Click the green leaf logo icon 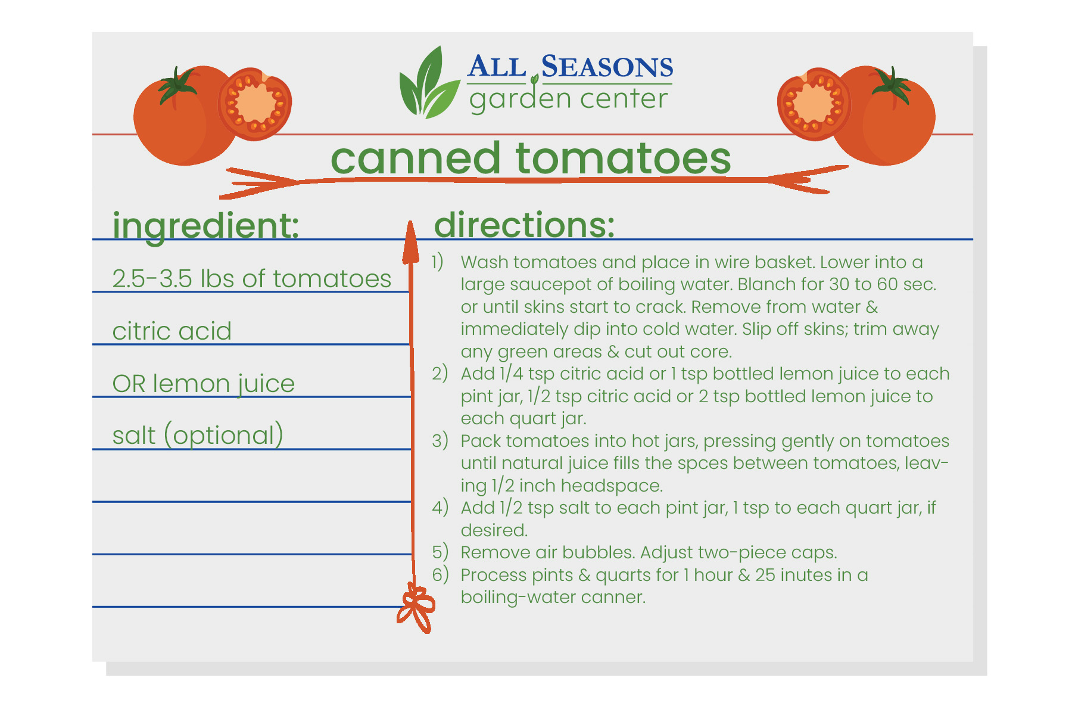(429, 83)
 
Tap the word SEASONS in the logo (607, 66)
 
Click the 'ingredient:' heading (205, 226)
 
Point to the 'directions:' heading (524, 225)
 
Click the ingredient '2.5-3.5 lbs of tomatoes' (252, 278)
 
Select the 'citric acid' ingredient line (172, 331)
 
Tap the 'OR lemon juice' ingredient (203, 384)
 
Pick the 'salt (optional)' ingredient (198, 436)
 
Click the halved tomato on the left (255, 104)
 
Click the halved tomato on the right (814, 104)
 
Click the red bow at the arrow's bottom (416, 608)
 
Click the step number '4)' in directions (440, 508)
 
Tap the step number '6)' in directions (440, 575)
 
